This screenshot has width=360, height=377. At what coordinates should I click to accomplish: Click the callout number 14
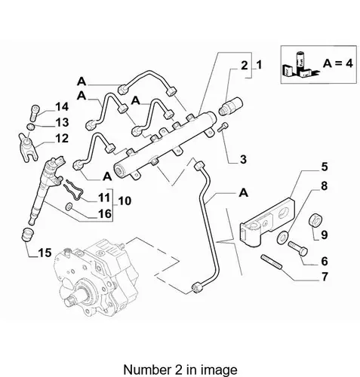pyautogui.click(x=62, y=107)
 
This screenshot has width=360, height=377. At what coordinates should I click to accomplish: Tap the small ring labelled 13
pyautogui.click(x=30, y=126)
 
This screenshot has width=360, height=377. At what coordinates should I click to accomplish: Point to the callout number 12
pyautogui.click(x=61, y=139)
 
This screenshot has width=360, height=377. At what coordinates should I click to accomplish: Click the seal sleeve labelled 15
pyautogui.click(x=27, y=234)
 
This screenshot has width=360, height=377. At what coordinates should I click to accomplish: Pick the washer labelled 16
pyautogui.click(x=69, y=207)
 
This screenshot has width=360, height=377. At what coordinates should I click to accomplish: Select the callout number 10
pyautogui.click(x=125, y=201)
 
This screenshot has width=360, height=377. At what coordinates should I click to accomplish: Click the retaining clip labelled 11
pyautogui.click(x=74, y=192)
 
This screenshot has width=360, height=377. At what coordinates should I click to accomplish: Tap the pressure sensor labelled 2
pyautogui.click(x=231, y=106)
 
